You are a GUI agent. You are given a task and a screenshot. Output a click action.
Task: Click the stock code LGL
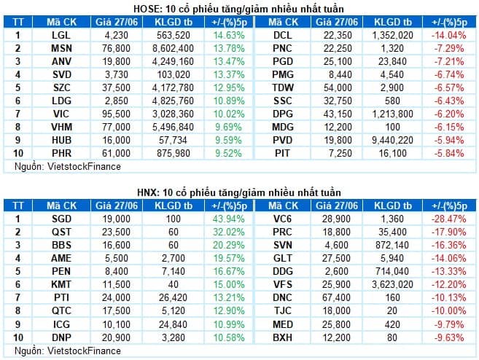pyautogui.click(x=61, y=36)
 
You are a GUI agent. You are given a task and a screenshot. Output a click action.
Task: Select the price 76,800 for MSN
pyautogui.click(x=116, y=49)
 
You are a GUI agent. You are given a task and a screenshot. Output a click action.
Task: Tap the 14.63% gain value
pyautogui.click(x=229, y=36)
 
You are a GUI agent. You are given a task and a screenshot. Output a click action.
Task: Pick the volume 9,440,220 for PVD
pyautogui.click(x=392, y=141)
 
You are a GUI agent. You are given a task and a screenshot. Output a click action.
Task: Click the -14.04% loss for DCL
pyautogui.click(x=449, y=36)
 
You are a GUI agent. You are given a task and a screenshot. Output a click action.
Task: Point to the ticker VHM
pyautogui.click(x=61, y=128)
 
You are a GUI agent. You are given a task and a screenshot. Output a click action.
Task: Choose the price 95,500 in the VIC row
pyautogui.click(x=116, y=114)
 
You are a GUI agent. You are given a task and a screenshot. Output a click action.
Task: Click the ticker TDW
pyautogui.click(x=283, y=88)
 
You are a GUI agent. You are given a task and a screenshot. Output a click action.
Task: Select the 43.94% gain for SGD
pyautogui.click(x=229, y=219)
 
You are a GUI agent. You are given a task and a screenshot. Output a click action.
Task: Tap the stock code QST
pyautogui.click(x=61, y=232)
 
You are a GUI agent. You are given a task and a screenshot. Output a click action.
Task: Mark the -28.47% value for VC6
pyautogui.click(x=449, y=219)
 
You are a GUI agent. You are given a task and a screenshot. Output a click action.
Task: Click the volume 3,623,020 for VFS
pyautogui.click(x=392, y=285)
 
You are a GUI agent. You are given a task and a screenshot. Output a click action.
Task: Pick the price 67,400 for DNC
pyautogui.click(x=336, y=298)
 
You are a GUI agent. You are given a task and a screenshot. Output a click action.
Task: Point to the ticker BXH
pyautogui.click(x=283, y=338)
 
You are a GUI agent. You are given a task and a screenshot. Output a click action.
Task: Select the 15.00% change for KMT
pyautogui.click(x=229, y=285)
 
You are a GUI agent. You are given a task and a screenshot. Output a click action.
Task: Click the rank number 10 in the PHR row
pyautogui.click(x=18, y=154)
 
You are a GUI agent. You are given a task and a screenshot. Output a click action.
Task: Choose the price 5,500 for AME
pyautogui.click(x=116, y=259)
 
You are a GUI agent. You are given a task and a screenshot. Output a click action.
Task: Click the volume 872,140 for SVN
pyautogui.click(x=392, y=246)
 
